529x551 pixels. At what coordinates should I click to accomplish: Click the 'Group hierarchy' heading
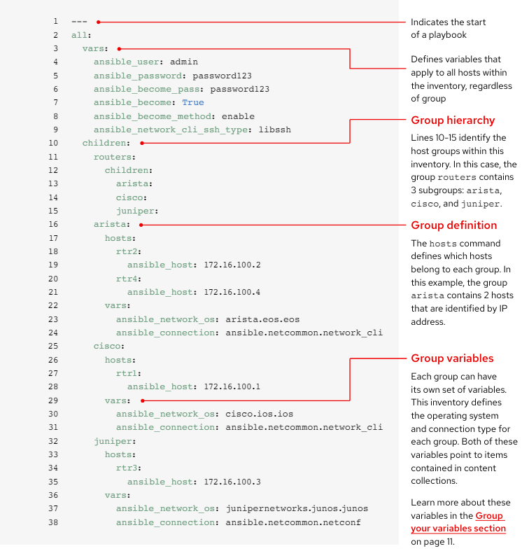tap(453, 120)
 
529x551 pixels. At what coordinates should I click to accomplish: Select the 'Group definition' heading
tap(453, 225)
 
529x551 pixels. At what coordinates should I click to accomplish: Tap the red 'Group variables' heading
tap(452, 359)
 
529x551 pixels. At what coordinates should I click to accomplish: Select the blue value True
tap(193, 102)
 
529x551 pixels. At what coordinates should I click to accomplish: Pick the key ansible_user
tap(129, 62)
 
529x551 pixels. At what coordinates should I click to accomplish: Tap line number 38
tap(54, 522)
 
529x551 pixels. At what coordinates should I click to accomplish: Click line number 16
tap(54, 225)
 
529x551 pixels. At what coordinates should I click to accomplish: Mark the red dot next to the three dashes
tap(99, 22)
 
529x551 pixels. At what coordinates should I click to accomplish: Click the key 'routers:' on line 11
tap(114, 157)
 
